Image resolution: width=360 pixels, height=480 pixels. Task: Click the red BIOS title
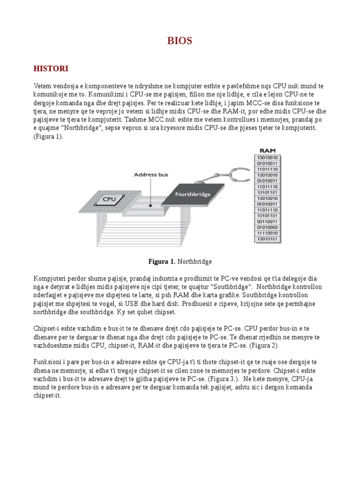pos(180,41)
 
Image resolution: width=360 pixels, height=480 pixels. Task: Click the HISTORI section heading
pos(51,69)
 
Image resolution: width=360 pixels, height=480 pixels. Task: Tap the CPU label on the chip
pos(109,199)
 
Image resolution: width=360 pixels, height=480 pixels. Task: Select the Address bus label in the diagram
pos(151,174)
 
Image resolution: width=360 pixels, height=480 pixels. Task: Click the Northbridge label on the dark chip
pos(192,194)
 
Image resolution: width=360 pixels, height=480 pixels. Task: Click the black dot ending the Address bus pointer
pos(150,205)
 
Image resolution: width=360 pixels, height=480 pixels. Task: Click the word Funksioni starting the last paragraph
pos(48,362)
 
